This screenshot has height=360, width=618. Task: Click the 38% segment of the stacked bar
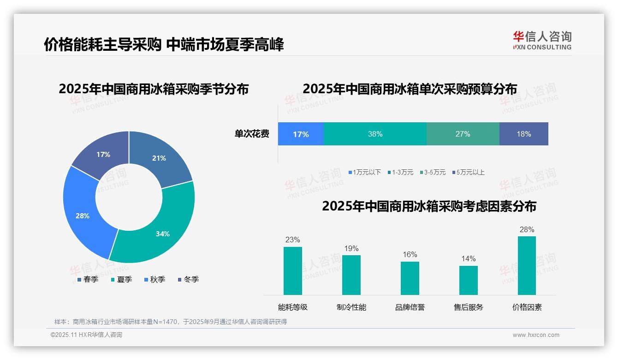[375, 134]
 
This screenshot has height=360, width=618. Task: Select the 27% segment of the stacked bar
[463, 134]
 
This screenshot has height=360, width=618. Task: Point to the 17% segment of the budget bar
[301, 134]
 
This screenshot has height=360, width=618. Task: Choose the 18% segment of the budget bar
[524, 134]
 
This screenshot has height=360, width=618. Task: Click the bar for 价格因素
[527, 265]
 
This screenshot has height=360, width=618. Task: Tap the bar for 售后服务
[468, 280]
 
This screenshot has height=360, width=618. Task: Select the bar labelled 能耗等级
[292, 271]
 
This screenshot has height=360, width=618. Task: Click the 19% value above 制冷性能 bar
[351, 248]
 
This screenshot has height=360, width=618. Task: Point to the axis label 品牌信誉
[410, 307]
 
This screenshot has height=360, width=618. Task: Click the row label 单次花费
[252, 134]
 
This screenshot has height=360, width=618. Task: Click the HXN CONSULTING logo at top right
[542, 41]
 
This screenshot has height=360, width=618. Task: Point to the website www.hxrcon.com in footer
[535, 335]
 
